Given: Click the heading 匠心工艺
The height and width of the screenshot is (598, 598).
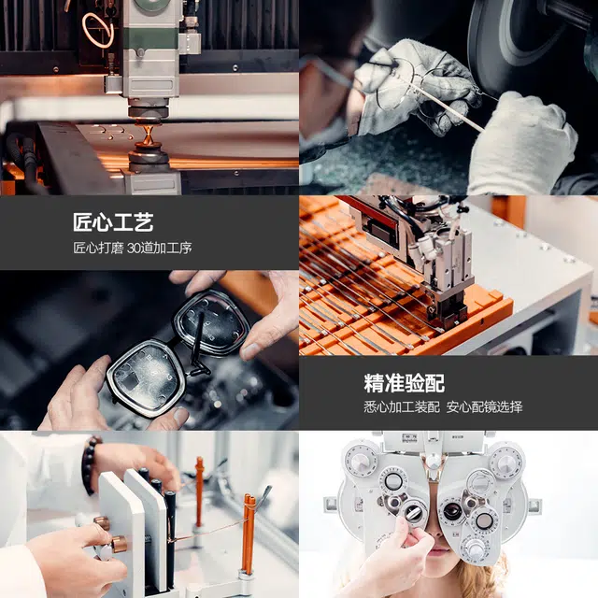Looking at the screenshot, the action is click(x=113, y=222).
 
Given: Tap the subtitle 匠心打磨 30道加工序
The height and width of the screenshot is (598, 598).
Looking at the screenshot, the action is click(x=133, y=248).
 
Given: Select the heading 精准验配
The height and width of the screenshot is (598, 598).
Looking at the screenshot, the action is click(x=405, y=383).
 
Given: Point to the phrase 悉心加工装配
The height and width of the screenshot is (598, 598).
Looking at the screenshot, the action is click(x=402, y=407).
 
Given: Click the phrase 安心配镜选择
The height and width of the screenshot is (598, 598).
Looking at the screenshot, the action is click(x=484, y=407).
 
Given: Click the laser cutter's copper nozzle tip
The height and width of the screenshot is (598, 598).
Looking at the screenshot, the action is click(x=148, y=136).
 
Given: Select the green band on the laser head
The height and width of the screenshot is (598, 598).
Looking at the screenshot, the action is click(x=150, y=38).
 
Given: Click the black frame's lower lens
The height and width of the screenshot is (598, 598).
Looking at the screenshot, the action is click(x=146, y=377).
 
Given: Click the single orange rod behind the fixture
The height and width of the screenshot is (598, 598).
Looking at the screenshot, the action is click(x=199, y=492).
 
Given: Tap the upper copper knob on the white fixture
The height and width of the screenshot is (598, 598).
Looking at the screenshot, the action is click(x=102, y=523).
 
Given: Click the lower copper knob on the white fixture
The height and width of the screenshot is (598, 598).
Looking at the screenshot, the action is click(x=119, y=544).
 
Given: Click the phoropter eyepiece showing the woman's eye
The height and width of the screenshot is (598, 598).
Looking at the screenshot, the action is click(x=452, y=511).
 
